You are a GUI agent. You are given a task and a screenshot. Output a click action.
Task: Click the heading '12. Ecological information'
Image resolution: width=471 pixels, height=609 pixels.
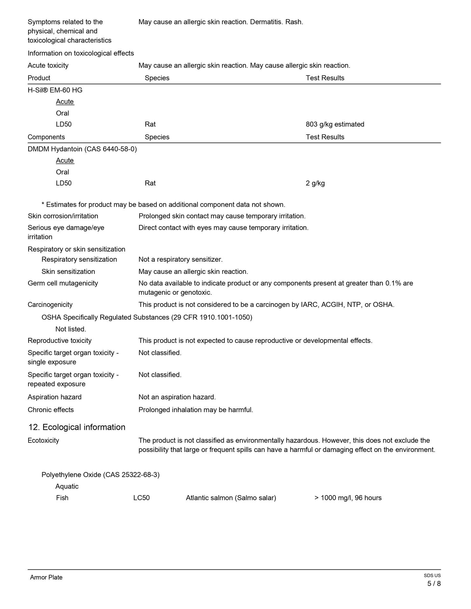77,427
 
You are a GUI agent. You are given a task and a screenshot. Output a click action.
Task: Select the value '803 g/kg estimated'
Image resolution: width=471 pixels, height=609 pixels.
335,124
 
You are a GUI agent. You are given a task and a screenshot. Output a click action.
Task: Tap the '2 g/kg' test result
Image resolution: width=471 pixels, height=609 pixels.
315,183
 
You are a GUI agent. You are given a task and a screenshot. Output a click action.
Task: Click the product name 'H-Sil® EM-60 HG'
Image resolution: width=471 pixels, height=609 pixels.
55,90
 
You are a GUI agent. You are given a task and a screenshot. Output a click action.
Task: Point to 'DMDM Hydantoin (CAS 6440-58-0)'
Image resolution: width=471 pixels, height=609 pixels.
82,149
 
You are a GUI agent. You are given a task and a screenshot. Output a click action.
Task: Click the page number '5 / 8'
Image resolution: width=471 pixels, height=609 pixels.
434,584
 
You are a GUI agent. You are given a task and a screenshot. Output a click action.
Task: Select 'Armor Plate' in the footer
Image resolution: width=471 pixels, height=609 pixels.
46,577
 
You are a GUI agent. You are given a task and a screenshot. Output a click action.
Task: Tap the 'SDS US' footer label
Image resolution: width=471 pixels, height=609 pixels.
432,576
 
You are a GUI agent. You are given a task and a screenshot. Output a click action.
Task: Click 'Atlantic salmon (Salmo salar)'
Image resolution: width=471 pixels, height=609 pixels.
231,498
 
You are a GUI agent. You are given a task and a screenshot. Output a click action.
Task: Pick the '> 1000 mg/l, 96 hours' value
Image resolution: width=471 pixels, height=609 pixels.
348,498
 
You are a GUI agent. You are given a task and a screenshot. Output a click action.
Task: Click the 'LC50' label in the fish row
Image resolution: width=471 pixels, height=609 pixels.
141,498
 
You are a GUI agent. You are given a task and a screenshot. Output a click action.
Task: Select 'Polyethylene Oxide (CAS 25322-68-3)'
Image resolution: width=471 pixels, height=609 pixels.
100,475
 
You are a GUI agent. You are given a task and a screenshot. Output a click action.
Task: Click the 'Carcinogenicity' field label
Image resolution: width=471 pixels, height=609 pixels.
50,304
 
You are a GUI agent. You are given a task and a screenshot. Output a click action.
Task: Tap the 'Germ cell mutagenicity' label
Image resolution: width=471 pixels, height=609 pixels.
63,283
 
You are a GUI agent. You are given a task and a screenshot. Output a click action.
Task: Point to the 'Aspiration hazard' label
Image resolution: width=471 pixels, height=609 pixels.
55,397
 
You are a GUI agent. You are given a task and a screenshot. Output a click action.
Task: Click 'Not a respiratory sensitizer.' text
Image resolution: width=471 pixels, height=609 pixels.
181,259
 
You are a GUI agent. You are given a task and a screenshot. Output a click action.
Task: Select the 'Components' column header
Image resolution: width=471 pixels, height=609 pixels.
46,137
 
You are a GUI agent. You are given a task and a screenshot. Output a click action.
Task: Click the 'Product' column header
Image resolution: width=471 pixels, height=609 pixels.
39,78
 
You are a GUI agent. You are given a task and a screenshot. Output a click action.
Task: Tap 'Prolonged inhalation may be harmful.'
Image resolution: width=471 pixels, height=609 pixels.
196,410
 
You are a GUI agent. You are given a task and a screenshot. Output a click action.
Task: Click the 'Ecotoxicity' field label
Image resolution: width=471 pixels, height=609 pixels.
43,440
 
